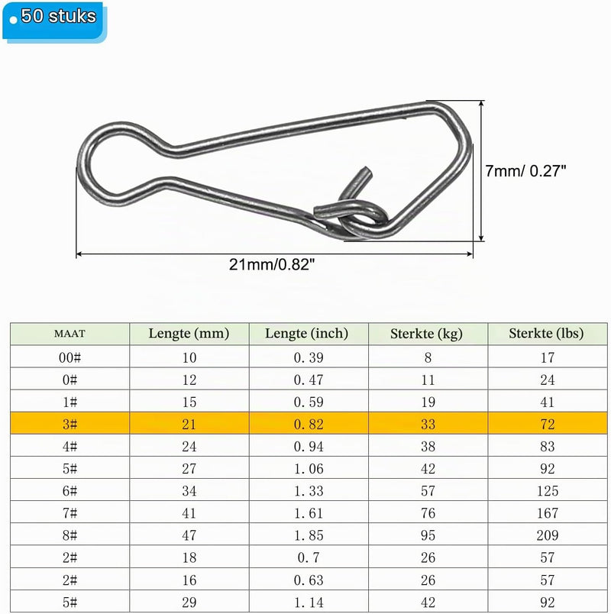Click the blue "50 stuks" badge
point(54,21)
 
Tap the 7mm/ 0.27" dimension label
point(525,171)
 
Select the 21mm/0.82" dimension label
point(272,264)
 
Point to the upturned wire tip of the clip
point(366,173)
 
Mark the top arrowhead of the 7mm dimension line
point(482,103)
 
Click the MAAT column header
point(70,334)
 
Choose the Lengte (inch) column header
point(307,333)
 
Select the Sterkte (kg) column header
point(426,334)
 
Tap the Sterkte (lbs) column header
point(546,333)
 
